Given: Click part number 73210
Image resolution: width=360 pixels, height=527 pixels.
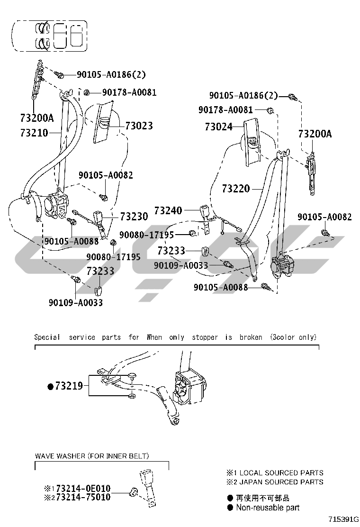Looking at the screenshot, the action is click(x=34, y=133).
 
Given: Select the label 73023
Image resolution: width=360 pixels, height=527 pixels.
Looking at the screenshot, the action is click(x=139, y=126).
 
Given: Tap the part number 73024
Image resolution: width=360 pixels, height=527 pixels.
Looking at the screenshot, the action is click(x=219, y=127).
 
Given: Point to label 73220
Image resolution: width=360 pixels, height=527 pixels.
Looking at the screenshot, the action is click(x=236, y=189).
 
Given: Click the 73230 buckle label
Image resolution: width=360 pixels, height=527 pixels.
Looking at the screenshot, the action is click(x=134, y=217).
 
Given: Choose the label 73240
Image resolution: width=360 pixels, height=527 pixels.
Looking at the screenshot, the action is click(x=168, y=211).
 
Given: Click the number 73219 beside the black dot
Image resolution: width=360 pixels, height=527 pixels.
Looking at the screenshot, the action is click(x=69, y=386).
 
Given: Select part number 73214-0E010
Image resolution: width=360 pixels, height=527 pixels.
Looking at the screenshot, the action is click(x=83, y=488).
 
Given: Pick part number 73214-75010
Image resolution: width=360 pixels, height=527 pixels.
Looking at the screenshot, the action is click(x=83, y=497).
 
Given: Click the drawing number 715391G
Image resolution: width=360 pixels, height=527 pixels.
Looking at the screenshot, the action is click(x=343, y=519).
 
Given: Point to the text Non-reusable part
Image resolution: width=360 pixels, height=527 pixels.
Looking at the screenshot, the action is click(x=268, y=508).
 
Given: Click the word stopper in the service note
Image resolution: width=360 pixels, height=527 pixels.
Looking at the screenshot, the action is click(x=205, y=337).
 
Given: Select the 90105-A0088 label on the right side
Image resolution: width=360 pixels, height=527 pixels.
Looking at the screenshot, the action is click(x=221, y=287).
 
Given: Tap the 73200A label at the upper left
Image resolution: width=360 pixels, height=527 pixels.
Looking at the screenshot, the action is click(x=37, y=118).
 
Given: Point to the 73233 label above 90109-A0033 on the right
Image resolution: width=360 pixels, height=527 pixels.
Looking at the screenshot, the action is click(x=171, y=251).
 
